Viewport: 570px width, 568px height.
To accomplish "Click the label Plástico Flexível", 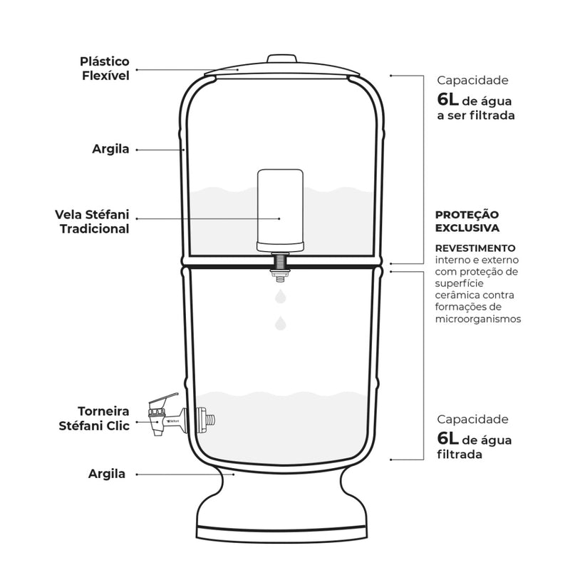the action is point(105,69).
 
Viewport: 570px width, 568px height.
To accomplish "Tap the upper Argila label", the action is point(110,149).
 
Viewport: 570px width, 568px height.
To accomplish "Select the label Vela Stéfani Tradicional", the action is point(93,221).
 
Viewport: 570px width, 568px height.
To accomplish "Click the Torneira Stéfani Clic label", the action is point(94,418).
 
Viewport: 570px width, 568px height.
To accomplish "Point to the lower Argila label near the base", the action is point(106,474).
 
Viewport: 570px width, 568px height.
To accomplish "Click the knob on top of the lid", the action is point(281,59).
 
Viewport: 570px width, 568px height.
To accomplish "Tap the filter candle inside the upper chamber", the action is point(280,211).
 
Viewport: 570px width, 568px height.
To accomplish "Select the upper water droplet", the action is point(280,296).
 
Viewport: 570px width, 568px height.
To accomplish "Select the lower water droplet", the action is point(280,323).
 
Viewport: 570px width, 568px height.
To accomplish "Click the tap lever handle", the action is point(164,399).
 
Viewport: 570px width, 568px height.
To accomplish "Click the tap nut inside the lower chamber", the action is point(205,420).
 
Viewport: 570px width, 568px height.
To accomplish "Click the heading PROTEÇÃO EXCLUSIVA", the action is point(467,221).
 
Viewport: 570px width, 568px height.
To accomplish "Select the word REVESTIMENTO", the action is point(475,248).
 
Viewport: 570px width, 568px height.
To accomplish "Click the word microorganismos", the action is point(478,319).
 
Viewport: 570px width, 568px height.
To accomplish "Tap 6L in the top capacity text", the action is point(448,99).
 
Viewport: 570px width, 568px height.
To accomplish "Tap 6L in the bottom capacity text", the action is point(448,438).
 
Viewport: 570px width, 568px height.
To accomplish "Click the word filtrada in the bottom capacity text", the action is point(460,455).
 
